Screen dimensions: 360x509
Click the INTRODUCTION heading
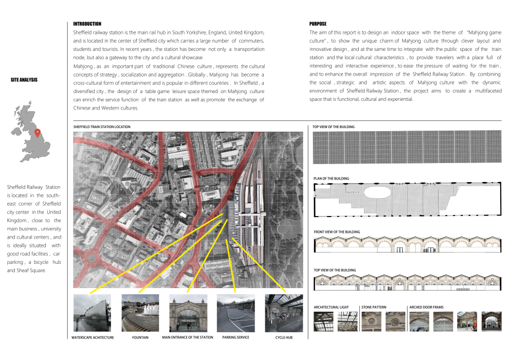click(x=87, y=24)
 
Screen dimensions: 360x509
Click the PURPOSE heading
click(x=318, y=24)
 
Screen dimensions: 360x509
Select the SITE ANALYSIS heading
click(x=24, y=80)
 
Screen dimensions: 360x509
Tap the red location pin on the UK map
click(x=37, y=134)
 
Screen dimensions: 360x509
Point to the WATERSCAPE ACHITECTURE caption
click(x=93, y=338)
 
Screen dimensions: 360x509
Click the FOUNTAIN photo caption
click(x=140, y=338)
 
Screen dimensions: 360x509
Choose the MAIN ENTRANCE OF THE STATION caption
click(x=188, y=338)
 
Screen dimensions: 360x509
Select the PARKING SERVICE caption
click(x=236, y=338)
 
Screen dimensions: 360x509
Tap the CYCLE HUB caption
click(x=283, y=338)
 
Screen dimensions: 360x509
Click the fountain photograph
click(x=140, y=313)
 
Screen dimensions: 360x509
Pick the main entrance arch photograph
click(x=188, y=313)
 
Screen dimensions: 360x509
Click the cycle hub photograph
click(x=284, y=313)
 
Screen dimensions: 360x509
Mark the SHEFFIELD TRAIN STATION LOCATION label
click(x=102, y=127)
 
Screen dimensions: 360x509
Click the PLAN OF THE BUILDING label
click(x=331, y=179)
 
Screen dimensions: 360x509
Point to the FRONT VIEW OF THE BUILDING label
click(x=337, y=232)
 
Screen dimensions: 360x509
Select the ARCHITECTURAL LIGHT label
click(x=331, y=307)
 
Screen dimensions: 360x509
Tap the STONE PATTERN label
click(x=374, y=307)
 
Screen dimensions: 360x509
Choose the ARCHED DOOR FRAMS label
click(x=426, y=307)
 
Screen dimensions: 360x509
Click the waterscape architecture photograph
click(x=92, y=313)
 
